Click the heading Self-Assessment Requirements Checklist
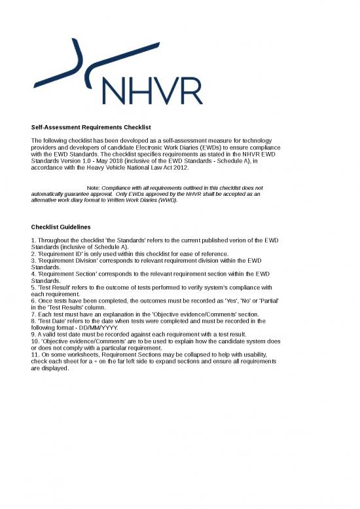click(92, 127)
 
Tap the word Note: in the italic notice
click(89, 188)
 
